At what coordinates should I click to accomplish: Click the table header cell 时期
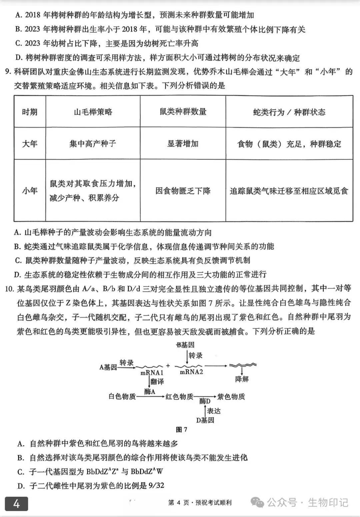[x=30, y=112]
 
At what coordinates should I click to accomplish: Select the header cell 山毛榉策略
[x=93, y=112]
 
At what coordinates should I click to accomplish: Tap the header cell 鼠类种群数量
[x=183, y=112]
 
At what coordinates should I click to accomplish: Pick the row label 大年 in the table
[x=30, y=144]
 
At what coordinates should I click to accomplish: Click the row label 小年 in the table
[x=30, y=191]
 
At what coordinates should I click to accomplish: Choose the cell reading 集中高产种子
[x=93, y=144]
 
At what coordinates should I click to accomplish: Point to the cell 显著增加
[x=183, y=144]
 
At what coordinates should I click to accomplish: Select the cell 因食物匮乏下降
[x=183, y=191]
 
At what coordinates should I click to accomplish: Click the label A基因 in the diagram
[x=108, y=367]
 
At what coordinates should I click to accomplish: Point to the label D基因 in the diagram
[x=205, y=420]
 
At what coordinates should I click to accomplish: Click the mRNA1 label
[x=152, y=373]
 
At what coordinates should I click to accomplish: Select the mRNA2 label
[x=191, y=372]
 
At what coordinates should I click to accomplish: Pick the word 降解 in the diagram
[x=242, y=379]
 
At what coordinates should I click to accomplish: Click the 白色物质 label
[x=122, y=396]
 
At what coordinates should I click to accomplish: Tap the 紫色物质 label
[x=231, y=396]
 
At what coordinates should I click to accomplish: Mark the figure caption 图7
[x=181, y=429]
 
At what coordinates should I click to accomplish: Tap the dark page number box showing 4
[x=16, y=504]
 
